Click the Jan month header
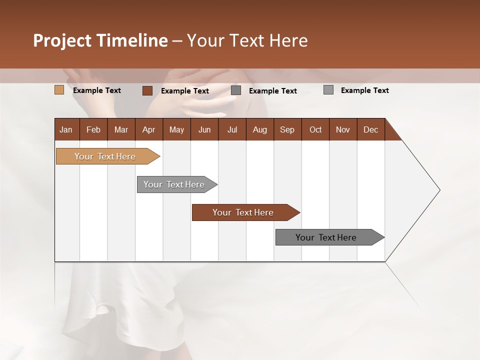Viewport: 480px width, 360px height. [66, 129]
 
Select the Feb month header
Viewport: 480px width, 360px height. [93, 129]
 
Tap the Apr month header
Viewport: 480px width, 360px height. [148, 129]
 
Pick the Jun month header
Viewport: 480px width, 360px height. [204, 129]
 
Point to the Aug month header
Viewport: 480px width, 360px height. [259, 129]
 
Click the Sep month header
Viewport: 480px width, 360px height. [287, 129]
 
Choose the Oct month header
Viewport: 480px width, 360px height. [315, 129]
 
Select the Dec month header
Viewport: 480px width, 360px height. [370, 129]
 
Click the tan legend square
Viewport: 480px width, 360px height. [59, 90]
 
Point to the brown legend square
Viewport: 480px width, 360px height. [147, 90]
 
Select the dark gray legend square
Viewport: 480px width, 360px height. [236, 90]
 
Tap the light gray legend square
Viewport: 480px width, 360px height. [328, 90]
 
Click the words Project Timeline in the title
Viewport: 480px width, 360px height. [100, 40]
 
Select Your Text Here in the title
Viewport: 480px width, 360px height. [247, 40]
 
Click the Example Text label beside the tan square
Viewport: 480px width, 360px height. [97, 90]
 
